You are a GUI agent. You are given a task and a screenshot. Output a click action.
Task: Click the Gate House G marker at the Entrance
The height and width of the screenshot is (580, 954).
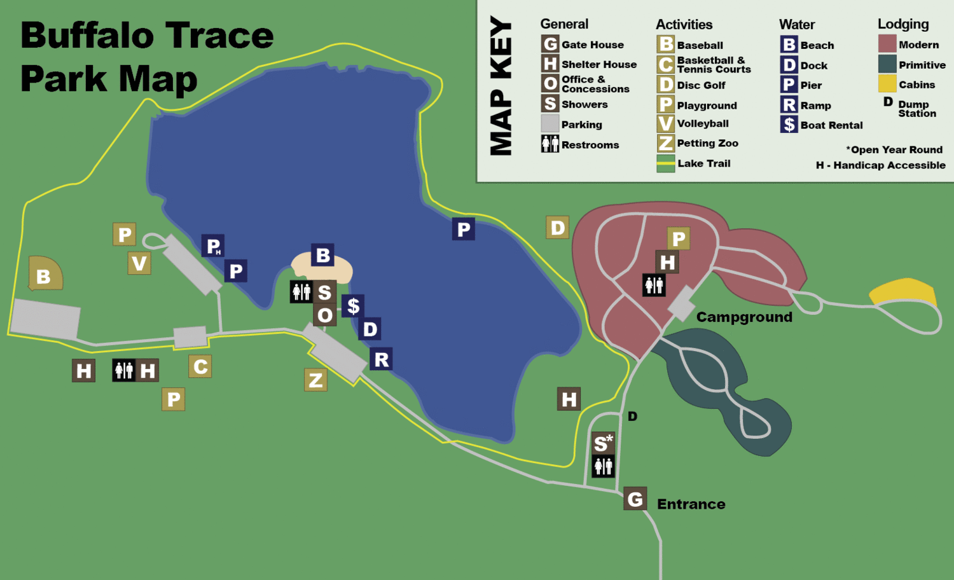click(x=635, y=499)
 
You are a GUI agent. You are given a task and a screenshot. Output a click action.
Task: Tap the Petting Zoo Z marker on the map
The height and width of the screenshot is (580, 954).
click(x=315, y=380)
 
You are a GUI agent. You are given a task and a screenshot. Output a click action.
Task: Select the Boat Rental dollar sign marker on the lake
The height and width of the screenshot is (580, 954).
click(x=354, y=306)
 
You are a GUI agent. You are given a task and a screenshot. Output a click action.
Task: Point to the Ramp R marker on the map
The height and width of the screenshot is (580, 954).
click(x=381, y=359)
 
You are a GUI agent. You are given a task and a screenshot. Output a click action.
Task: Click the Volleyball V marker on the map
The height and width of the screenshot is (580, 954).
click(x=139, y=263)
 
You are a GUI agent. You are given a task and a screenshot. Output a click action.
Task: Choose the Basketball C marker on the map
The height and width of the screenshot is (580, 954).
click(x=200, y=366)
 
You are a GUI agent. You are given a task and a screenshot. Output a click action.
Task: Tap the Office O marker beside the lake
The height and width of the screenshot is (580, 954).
click(x=325, y=315)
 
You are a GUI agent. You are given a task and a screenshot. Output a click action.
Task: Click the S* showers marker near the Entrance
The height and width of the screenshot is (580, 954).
click(x=603, y=443)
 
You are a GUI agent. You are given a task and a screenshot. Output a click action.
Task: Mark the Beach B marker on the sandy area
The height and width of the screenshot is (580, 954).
click(x=323, y=256)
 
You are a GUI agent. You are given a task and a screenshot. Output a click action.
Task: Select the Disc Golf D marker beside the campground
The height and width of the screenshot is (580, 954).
click(x=558, y=227)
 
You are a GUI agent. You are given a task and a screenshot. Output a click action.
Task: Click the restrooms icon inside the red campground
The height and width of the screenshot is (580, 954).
click(x=654, y=285)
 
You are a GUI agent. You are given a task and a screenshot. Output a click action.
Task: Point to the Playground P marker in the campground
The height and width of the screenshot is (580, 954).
click(x=679, y=238)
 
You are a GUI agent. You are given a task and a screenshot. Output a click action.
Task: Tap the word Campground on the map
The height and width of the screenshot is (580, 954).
click(x=744, y=317)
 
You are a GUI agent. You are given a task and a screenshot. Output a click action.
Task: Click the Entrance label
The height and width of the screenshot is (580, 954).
click(x=691, y=504)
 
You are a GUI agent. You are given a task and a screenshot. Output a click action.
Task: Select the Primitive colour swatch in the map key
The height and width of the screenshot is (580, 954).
click(x=887, y=64)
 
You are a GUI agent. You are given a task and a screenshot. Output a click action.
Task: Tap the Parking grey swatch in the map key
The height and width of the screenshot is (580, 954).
click(x=550, y=124)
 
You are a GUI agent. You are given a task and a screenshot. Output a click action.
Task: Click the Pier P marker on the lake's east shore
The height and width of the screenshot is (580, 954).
click(x=464, y=229)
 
